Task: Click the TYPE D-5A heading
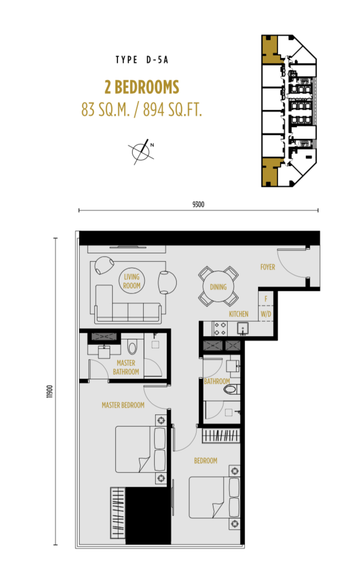click(x=142, y=59)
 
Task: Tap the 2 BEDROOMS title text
click(x=142, y=87)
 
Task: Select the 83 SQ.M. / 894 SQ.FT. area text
click(x=142, y=110)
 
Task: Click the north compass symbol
click(x=142, y=151)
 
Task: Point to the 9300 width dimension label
click(x=198, y=204)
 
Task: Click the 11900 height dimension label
click(x=50, y=391)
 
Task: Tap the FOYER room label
click(x=268, y=267)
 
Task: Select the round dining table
click(x=218, y=286)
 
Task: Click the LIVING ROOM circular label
click(x=132, y=281)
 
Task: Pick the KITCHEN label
click(x=239, y=314)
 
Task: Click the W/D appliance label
click(x=266, y=314)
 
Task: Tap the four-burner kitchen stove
click(x=220, y=329)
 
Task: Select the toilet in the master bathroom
click(x=132, y=347)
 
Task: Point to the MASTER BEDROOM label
click(x=123, y=405)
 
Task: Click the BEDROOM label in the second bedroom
click(x=205, y=460)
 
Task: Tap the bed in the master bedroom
click(x=140, y=449)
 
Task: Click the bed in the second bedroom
click(x=214, y=497)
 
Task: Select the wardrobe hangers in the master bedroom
click(x=118, y=513)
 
